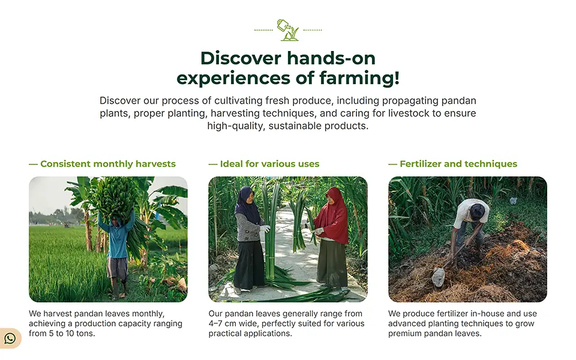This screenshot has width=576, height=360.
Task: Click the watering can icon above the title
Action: (x=287, y=30)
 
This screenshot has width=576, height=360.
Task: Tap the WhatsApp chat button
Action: (x=10, y=338)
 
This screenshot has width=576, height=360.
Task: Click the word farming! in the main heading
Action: (x=359, y=78)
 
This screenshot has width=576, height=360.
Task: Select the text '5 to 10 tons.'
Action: (x=72, y=334)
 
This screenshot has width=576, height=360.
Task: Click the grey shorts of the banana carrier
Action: (x=117, y=268)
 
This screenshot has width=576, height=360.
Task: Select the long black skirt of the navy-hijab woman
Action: (x=248, y=265)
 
